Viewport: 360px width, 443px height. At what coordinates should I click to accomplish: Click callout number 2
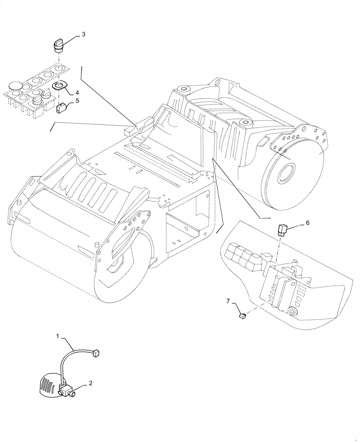[90, 384]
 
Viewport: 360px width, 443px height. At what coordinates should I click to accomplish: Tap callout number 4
[77, 93]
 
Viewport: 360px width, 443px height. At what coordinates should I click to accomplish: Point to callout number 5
[77, 101]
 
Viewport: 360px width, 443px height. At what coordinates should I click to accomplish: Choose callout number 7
[228, 301]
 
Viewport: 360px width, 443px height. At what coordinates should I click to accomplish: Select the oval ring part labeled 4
[59, 85]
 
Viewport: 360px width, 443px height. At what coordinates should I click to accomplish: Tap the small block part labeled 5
[62, 106]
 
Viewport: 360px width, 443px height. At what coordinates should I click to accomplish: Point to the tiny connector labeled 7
[243, 316]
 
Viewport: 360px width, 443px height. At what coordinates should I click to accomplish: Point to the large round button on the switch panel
[16, 85]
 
